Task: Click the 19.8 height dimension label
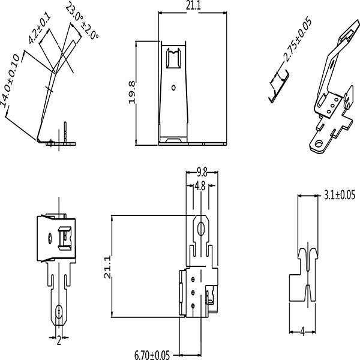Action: click(x=132, y=92)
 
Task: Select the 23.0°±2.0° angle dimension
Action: click(x=83, y=20)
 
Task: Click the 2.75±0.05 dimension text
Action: click(x=298, y=40)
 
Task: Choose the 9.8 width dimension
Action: click(x=202, y=172)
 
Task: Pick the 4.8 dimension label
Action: click(x=200, y=186)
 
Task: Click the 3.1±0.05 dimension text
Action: click(x=340, y=195)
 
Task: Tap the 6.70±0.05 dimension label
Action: click(x=152, y=355)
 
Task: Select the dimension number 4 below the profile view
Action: click(x=302, y=332)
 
